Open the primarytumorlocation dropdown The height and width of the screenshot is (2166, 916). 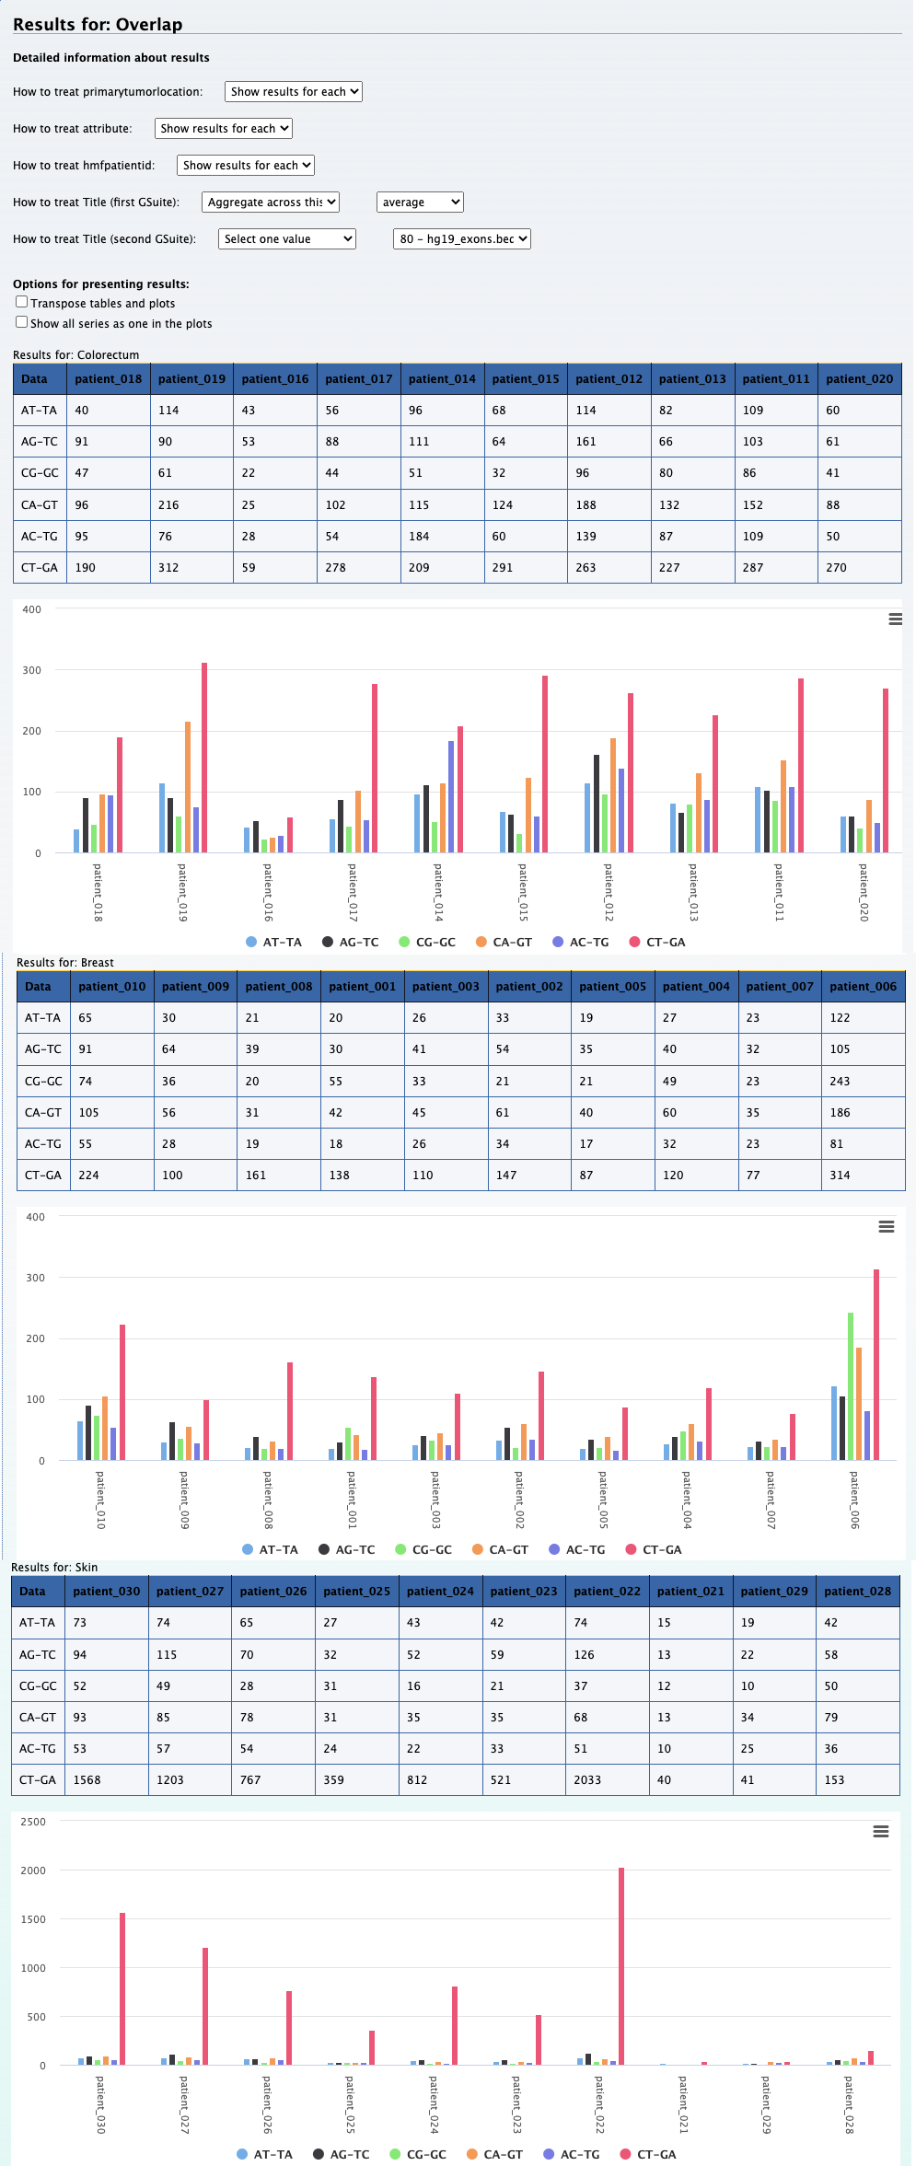pos(293,92)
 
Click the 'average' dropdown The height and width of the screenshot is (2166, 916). pos(420,203)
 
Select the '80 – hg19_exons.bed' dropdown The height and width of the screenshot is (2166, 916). pos(462,239)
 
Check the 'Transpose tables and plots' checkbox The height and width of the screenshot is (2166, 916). pos(21,302)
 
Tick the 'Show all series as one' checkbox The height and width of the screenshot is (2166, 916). pos(21,322)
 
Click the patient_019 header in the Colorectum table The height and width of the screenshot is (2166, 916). pos(191,379)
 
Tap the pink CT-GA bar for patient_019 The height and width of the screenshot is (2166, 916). pos(204,757)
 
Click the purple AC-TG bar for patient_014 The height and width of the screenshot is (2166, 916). pos(451,796)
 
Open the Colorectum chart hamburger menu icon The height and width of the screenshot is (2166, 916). pos(895,620)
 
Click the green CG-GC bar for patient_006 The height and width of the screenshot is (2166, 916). pos(851,1385)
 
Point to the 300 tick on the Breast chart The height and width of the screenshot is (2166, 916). pos(35,1278)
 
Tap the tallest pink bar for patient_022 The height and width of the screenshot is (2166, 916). pos(621,1965)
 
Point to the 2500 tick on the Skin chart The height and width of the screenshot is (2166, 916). pos(33,1822)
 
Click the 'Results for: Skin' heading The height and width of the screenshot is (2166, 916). pos(54,1568)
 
